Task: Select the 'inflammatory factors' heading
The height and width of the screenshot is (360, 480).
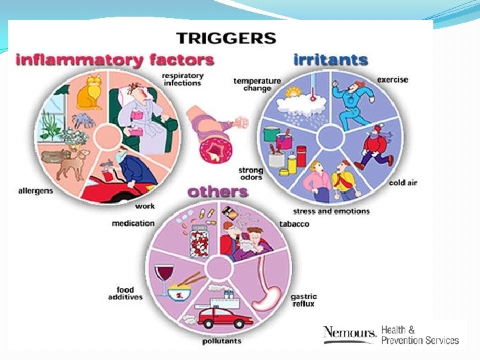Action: [115, 59]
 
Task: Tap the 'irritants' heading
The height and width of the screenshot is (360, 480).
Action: [330, 59]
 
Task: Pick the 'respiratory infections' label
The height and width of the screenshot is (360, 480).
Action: [182, 80]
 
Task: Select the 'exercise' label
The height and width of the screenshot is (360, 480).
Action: [393, 80]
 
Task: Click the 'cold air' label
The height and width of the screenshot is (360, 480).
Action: [403, 183]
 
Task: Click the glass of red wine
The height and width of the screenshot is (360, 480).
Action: [163, 279]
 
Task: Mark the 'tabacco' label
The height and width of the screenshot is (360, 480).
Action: [294, 224]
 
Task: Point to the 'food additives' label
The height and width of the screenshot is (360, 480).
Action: [125, 294]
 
